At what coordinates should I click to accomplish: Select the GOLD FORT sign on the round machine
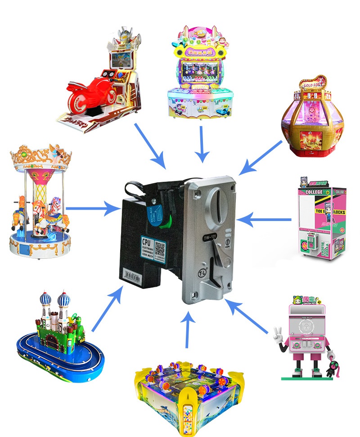(313, 86)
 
